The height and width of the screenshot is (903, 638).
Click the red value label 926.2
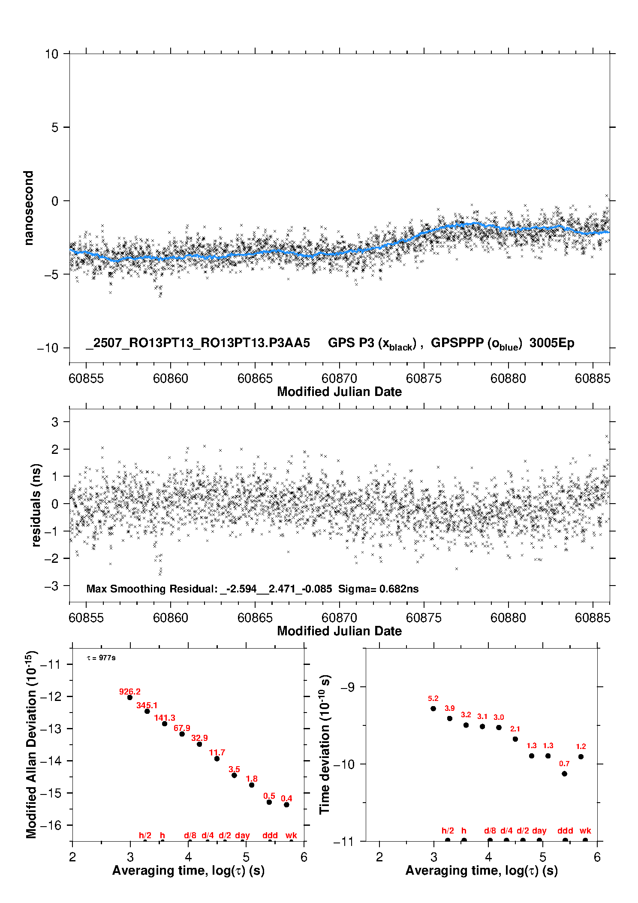(129, 692)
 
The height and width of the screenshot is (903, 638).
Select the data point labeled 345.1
(147, 711)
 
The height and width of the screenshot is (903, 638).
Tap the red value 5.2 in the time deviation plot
(433, 698)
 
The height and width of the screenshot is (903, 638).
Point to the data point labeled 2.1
(515, 739)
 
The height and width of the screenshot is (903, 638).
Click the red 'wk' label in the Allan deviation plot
(291, 835)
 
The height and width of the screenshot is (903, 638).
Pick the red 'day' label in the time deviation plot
(539, 831)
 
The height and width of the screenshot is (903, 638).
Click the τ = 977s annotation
(101, 658)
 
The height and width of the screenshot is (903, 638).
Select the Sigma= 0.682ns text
(378, 589)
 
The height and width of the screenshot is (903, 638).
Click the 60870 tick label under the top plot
(339, 378)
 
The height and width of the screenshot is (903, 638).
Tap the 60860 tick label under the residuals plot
(171, 618)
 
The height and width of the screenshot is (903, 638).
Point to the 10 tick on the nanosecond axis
(51, 54)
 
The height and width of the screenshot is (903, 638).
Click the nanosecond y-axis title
(28, 208)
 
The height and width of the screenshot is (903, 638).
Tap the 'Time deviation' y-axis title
(325, 744)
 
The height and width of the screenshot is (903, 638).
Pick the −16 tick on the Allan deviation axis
(50, 825)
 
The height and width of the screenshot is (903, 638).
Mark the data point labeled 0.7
(564, 773)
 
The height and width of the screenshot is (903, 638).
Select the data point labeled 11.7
(217, 758)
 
